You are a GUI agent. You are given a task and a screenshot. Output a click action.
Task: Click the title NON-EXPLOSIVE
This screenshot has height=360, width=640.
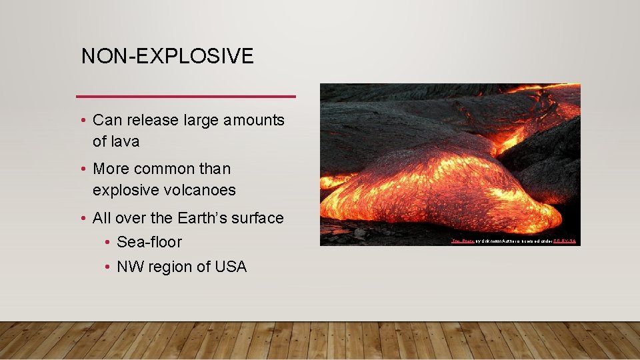[x=167, y=56]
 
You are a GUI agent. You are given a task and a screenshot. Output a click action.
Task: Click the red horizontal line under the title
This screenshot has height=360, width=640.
[x=186, y=97]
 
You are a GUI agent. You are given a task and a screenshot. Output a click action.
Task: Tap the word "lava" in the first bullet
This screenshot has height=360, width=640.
[x=125, y=141]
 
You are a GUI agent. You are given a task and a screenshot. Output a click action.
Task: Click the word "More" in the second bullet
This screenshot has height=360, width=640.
[x=113, y=169]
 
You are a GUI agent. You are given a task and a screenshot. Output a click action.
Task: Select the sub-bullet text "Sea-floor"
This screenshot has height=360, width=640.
[x=149, y=242]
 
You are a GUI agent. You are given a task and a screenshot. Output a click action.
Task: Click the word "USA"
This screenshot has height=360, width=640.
[x=230, y=267]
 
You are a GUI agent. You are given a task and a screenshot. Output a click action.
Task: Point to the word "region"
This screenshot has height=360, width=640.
[x=171, y=267]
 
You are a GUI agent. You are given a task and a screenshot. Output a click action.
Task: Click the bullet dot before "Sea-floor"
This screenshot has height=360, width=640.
[x=107, y=243]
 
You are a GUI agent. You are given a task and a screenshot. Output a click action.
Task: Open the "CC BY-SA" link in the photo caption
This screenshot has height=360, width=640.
[x=564, y=241]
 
